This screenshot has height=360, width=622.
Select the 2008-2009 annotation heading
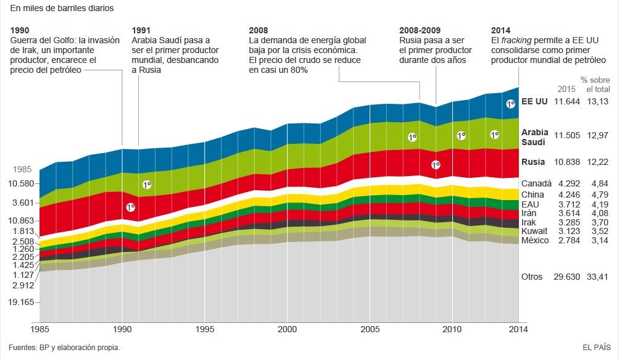pyautogui.click(x=420, y=30)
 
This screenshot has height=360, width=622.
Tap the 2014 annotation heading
pyautogui.click(x=500, y=30)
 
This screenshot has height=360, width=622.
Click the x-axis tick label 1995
pyautogui.click(x=205, y=329)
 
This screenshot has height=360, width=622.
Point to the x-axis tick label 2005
pyautogui.click(x=370, y=329)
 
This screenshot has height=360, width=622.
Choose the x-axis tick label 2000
pyautogui.click(x=287, y=329)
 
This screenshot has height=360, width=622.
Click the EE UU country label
pyautogui.click(x=534, y=101)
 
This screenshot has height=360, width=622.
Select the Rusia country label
pyautogui.click(x=533, y=162)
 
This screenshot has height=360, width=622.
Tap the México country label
pyautogui.click(x=535, y=240)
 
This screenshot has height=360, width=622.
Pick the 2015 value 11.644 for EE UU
pyautogui.click(x=567, y=101)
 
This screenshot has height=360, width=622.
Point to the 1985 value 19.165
pyautogui.click(x=23, y=302)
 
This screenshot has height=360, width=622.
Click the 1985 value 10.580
pyautogui.click(x=23, y=183)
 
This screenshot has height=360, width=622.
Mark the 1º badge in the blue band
pyautogui.click(x=510, y=104)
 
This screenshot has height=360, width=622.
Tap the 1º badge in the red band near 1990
pyautogui.click(x=130, y=207)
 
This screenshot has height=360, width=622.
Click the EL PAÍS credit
pyautogui.click(x=596, y=348)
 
